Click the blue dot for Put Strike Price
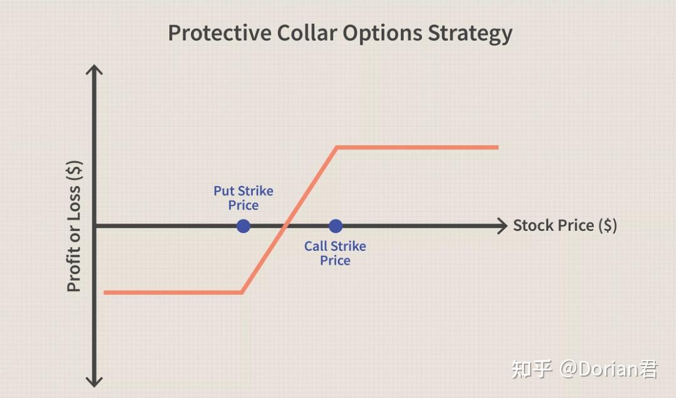(x=243, y=226)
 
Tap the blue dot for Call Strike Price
(x=335, y=226)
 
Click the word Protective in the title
(x=220, y=33)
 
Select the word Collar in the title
(x=307, y=33)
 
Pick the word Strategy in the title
(x=470, y=34)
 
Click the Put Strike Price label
(x=243, y=198)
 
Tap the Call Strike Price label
(x=335, y=253)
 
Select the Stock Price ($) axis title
(x=565, y=225)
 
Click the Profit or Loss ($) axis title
(x=74, y=226)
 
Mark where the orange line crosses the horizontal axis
(x=285, y=226)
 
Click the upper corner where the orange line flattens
(x=337, y=148)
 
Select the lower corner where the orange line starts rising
(x=242, y=292)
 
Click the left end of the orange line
(x=105, y=292)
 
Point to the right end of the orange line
(x=498, y=148)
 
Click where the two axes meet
(x=95, y=226)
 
